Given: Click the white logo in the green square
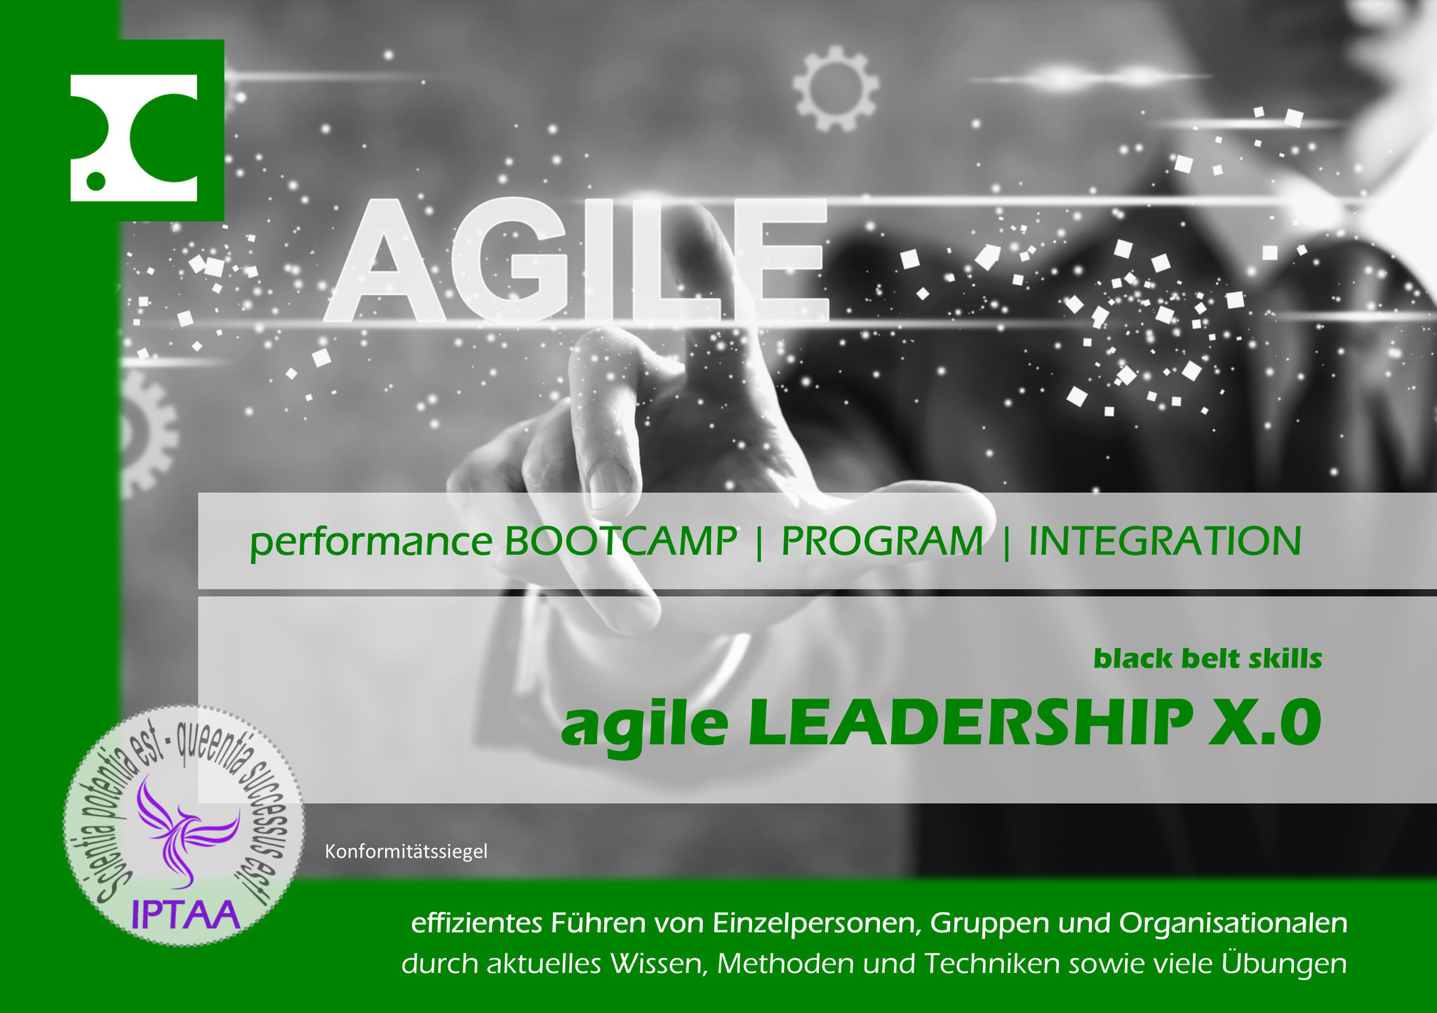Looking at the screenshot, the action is pos(134,138).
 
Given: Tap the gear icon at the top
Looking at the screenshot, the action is pos(835,88).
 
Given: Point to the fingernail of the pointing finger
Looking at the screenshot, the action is pos(601,486).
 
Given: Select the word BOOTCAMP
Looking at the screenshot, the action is pos(621,541).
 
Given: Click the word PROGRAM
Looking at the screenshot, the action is pos(882,541).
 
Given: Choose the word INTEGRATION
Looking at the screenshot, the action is pos(1165,541).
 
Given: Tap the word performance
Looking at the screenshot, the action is pos(371,543).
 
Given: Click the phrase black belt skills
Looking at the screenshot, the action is pos(1208,658).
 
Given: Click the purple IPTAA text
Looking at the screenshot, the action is pos(186,915).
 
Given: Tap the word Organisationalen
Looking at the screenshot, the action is pos(1233,924).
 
